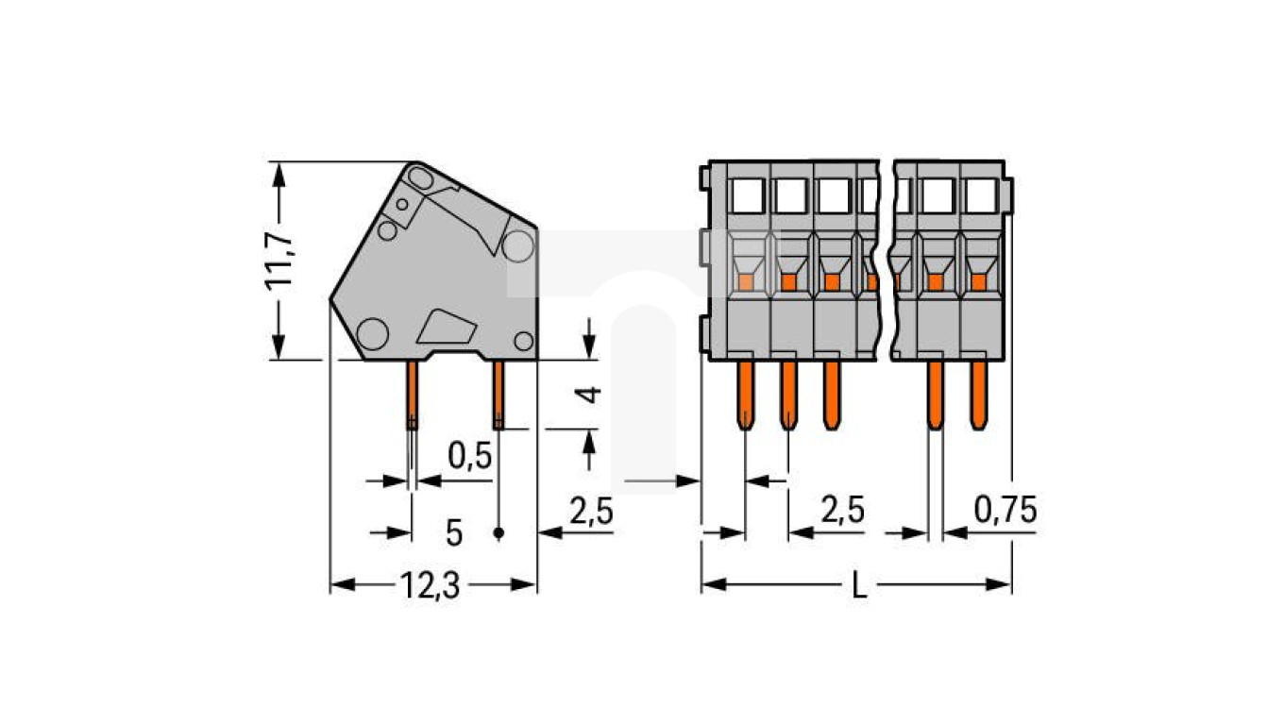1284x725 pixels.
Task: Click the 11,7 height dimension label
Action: click(x=280, y=260)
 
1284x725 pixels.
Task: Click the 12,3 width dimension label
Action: click(x=430, y=587)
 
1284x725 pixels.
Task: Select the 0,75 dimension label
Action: click(x=1005, y=511)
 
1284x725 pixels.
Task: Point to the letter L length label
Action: click(x=857, y=587)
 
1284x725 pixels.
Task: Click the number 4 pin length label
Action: click(x=590, y=394)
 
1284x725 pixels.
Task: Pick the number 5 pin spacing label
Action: click(x=454, y=533)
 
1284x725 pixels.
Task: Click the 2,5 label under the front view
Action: click(x=842, y=511)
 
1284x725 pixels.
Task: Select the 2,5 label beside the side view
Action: click(x=592, y=512)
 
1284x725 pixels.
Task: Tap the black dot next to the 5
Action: click(x=498, y=533)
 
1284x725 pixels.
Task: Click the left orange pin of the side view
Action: click(x=413, y=394)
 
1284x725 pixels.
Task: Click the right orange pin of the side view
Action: click(x=498, y=394)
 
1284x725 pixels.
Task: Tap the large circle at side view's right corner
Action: click(x=517, y=245)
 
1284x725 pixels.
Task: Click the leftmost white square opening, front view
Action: click(x=746, y=195)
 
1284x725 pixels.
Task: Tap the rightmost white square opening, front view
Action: click(x=981, y=195)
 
